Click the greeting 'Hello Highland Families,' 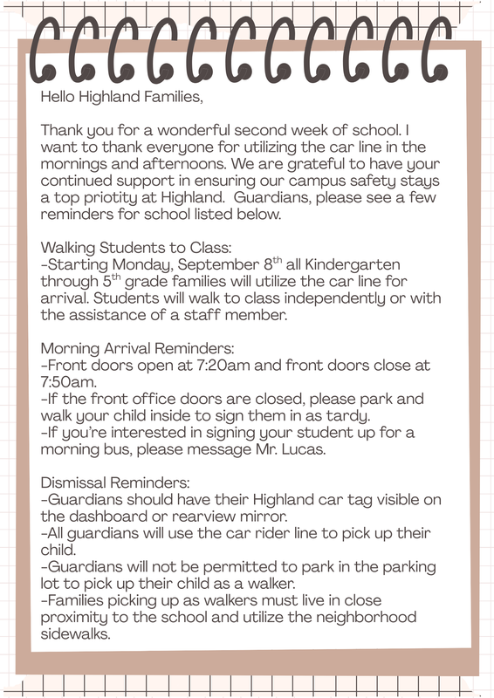point(121,97)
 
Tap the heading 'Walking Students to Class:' point(135,249)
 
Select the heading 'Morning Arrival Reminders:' point(144,348)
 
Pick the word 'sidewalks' point(80,634)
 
